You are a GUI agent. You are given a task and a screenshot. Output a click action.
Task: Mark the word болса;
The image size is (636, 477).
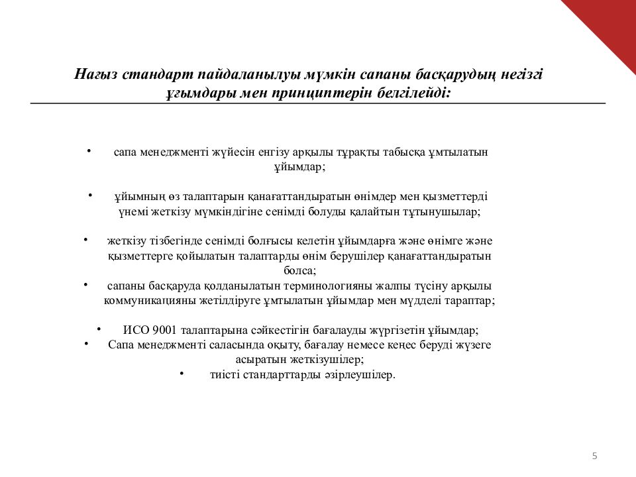click(x=299, y=270)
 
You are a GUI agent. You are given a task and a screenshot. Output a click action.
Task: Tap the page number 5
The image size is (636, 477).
click(x=594, y=455)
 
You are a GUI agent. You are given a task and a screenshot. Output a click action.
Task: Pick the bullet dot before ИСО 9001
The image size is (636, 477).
click(x=99, y=329)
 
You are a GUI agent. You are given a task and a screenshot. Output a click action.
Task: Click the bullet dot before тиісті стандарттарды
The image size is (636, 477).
click(x=182, y=373)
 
